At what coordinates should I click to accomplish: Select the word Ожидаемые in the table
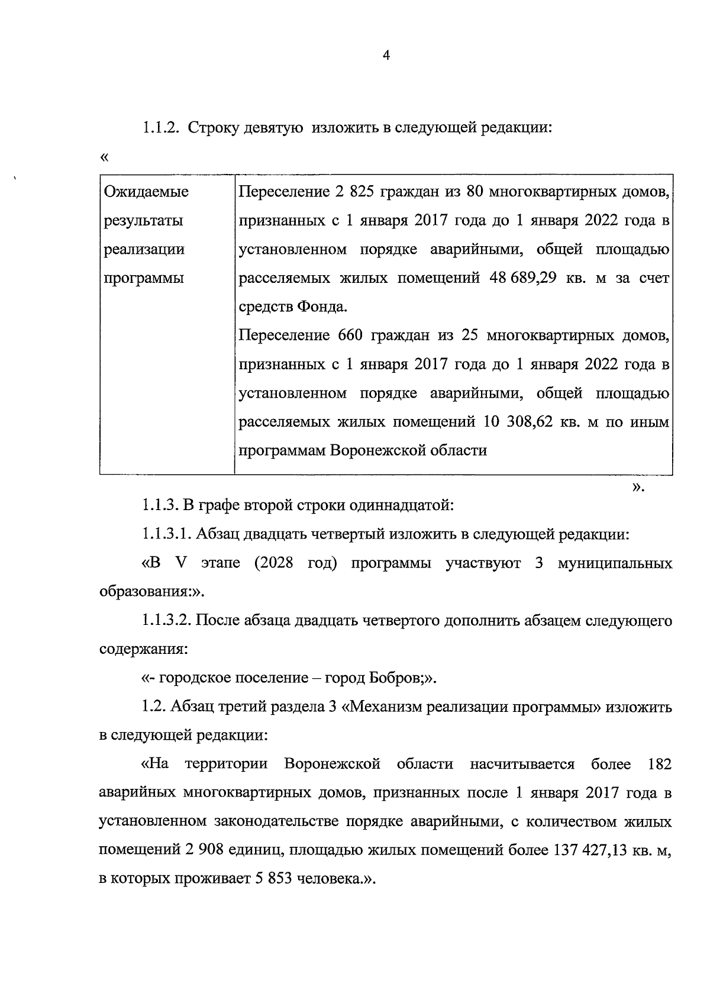tap(146, 192)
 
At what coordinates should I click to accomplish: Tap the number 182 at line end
tap(660, 764)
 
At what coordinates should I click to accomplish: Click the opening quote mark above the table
tap(105, 157)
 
